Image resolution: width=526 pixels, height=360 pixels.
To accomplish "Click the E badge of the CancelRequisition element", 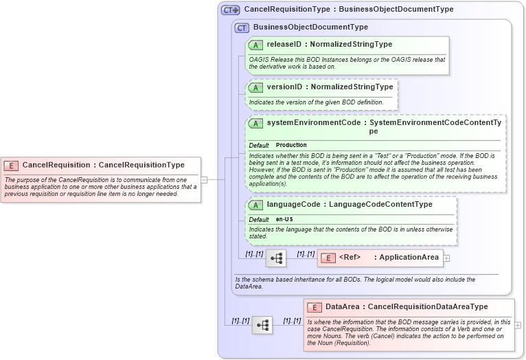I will (12, 166).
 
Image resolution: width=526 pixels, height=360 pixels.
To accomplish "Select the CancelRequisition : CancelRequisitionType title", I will (103, 165).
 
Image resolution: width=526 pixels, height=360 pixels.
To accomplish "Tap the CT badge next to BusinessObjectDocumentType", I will (242, 27).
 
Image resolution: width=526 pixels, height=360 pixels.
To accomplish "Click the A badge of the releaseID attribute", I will (255, 45).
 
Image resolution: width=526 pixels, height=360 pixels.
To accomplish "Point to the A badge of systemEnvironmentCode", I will (255, 124).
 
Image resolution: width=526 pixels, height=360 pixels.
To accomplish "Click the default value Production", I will (291, 146).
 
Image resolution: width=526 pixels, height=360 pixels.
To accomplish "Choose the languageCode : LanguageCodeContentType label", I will (349, 204).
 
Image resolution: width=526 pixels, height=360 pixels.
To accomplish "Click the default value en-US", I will (284, 219).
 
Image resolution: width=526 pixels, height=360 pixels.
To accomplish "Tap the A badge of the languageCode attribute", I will (255, 205).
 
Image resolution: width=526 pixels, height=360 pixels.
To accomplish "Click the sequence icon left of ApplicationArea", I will (276, 258).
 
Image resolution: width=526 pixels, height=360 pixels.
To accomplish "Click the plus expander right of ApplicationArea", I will (446, 258).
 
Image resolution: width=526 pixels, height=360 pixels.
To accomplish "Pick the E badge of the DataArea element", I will (315, 307).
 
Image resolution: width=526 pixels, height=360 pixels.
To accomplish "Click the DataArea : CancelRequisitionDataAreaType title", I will (406, 306).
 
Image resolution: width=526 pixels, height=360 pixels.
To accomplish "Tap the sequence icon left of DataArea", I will (262, 324).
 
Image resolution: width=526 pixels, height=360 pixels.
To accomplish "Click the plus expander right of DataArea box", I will (518, 325).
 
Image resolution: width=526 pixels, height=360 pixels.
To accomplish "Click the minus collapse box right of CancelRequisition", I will (204, 179).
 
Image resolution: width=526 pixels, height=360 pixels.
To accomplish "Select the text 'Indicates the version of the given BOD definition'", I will (316, 102).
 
